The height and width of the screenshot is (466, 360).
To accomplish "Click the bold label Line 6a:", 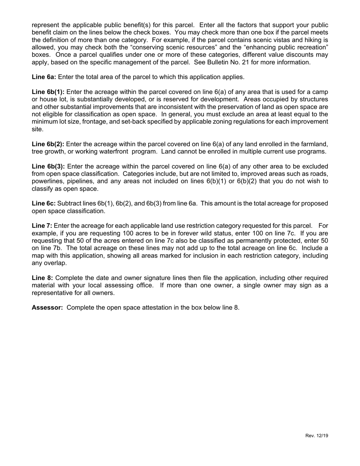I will [44, 77].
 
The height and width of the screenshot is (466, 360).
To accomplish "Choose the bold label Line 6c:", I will [44, 203].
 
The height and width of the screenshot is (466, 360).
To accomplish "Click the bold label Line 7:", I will [42, 226].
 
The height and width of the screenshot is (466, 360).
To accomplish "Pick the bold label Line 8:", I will [42, 278].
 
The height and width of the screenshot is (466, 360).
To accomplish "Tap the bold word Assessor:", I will [47, 307].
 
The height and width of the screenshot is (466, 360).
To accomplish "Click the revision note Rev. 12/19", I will [316, 436].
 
